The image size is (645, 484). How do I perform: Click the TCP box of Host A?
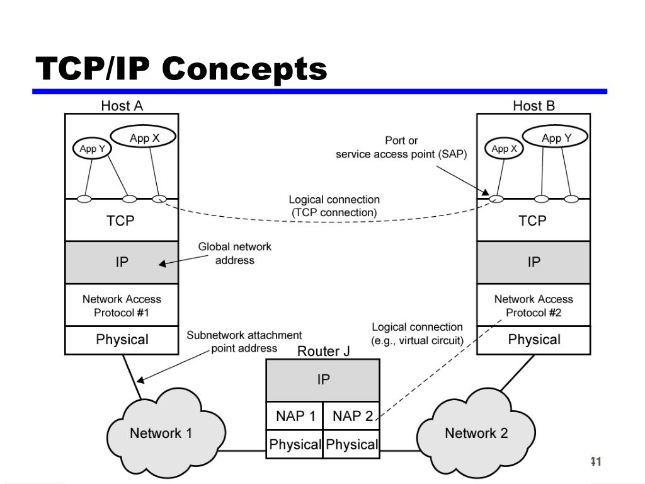(122, 220)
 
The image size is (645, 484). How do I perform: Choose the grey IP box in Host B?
(534, 262)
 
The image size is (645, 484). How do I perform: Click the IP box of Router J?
(323, 380)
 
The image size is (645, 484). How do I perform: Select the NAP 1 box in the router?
(295, 416)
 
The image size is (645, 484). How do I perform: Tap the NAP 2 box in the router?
(351, 416)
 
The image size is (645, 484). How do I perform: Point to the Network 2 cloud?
(476, 433)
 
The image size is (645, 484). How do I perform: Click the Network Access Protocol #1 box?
(122, 305)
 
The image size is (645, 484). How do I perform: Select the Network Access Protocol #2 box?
(534, 305)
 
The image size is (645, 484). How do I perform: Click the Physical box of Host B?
(534, 340)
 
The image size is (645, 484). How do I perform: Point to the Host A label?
(122, 106)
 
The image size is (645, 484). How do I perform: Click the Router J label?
(323, 351)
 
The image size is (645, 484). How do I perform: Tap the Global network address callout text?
(234, 253)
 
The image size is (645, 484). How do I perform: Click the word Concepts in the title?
(244, 69)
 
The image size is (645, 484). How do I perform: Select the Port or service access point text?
(401, 147)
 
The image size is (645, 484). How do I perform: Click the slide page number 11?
(596, 461)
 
